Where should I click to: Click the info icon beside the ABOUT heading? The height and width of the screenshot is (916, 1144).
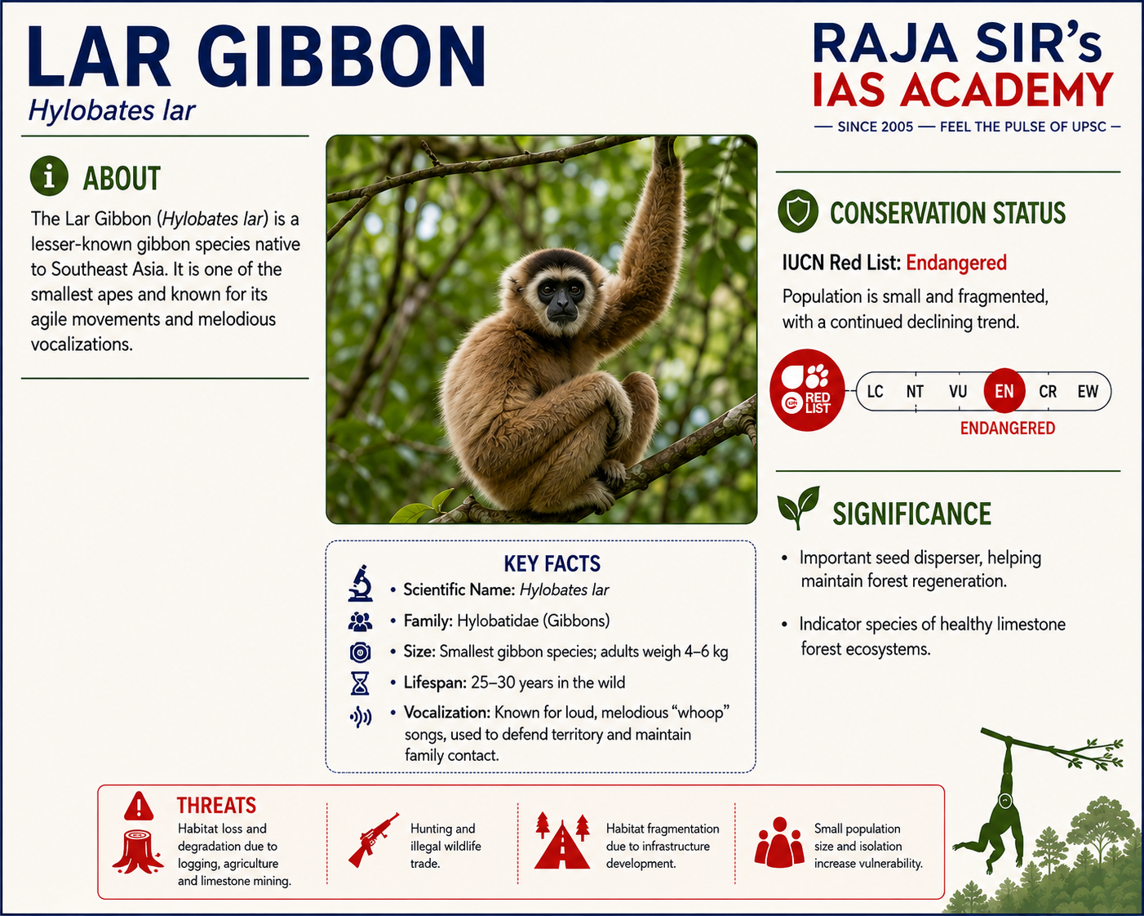click(x=49, y=176)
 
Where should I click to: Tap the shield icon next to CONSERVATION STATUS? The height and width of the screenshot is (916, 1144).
click(x=797, y=211)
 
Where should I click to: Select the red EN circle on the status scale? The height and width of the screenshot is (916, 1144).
click(x=1004, y=391)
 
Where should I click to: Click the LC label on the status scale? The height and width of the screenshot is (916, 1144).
click(x=875, y=392)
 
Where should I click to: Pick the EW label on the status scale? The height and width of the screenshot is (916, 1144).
click(x=1088, y=392)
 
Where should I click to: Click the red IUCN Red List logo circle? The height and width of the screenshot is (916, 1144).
click(x=807, y=390)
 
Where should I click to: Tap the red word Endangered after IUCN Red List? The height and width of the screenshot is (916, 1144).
click(x=956, y=263)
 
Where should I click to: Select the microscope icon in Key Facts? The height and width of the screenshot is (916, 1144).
click(x=360, y=584)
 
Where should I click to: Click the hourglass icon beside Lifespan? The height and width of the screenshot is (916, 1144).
click(x=360, y=683)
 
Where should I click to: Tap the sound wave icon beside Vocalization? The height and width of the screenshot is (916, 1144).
click(x=361, y=717)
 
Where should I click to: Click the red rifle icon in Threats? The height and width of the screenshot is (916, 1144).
click(x=373, y=839)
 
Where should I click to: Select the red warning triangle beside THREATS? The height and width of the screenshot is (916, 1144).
click(x=139, y=805)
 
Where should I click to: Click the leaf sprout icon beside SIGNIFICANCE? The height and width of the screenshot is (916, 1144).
click(x=798, y=506)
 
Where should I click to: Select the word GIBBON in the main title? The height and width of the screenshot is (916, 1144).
click(x=341, y=56)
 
